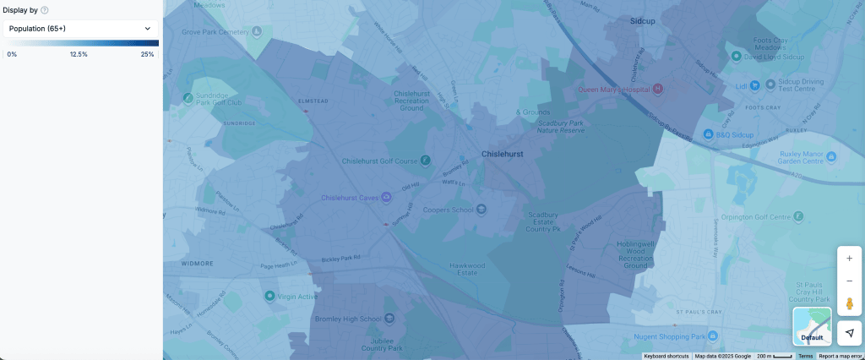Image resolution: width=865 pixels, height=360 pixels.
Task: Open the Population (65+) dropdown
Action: coord(81,29)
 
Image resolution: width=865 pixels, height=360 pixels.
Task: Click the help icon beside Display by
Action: coord(44,10)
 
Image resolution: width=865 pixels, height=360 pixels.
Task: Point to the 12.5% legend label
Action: coord(79,54)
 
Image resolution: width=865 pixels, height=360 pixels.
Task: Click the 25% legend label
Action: coord(147,54)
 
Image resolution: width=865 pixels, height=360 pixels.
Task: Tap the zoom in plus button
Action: coord(849,259)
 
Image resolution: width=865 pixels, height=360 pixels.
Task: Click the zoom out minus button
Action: coord(849,281)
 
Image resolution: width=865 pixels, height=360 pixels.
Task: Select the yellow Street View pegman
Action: coord(849,303)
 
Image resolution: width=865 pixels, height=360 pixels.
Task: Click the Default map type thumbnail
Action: coord(812,326)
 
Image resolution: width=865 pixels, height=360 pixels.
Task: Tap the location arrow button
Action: coord(849,333)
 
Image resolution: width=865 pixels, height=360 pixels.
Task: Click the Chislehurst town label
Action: coord(502,155)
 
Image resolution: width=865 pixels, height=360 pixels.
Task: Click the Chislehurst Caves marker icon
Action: coord(386,198)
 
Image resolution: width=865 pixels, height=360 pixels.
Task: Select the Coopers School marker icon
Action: coord(481,210)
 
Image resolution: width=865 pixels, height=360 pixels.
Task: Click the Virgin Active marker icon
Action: coord(269,296)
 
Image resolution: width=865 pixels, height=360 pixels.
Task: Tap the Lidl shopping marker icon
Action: coord(755,85)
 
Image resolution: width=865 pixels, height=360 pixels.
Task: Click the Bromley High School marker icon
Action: coord(389,319)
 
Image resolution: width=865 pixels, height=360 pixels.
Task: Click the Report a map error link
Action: coord(840,357)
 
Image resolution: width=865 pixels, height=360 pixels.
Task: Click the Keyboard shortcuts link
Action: coord(666,357)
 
